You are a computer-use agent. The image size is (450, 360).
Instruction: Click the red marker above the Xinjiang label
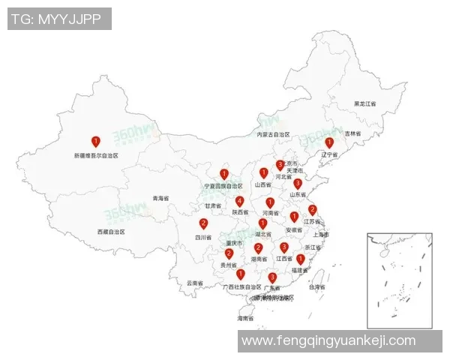coord(95,141)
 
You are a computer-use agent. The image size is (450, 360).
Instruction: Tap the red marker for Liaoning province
coord(328,142)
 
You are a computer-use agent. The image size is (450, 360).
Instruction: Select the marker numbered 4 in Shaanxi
coord(239,201)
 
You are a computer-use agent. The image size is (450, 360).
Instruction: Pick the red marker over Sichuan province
coord(203,223)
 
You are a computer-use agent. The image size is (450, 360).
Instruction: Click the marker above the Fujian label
coord(300,259)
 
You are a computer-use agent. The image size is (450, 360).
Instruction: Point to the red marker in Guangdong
coord(272,277)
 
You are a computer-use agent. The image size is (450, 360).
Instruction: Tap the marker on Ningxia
coord(223,174)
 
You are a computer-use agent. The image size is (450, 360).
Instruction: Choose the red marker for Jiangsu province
coord(313,210)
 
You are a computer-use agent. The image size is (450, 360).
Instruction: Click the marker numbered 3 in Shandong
coord(298,183)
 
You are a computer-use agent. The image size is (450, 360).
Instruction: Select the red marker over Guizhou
coord(229,253)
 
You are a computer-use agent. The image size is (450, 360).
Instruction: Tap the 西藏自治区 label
coord(110,232)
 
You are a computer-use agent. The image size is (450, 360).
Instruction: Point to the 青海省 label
coord(160,199)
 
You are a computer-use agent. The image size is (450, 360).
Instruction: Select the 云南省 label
coord(194,283)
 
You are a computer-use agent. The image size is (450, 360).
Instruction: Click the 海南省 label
coord(245,319)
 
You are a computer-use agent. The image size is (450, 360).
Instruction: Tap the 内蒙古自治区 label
coord(272,135)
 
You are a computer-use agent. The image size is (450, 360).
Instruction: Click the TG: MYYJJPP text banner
coord(59,19)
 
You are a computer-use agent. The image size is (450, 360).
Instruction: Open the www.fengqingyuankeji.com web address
coord(328,340)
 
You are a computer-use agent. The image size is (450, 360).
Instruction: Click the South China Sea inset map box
coord(399,280)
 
